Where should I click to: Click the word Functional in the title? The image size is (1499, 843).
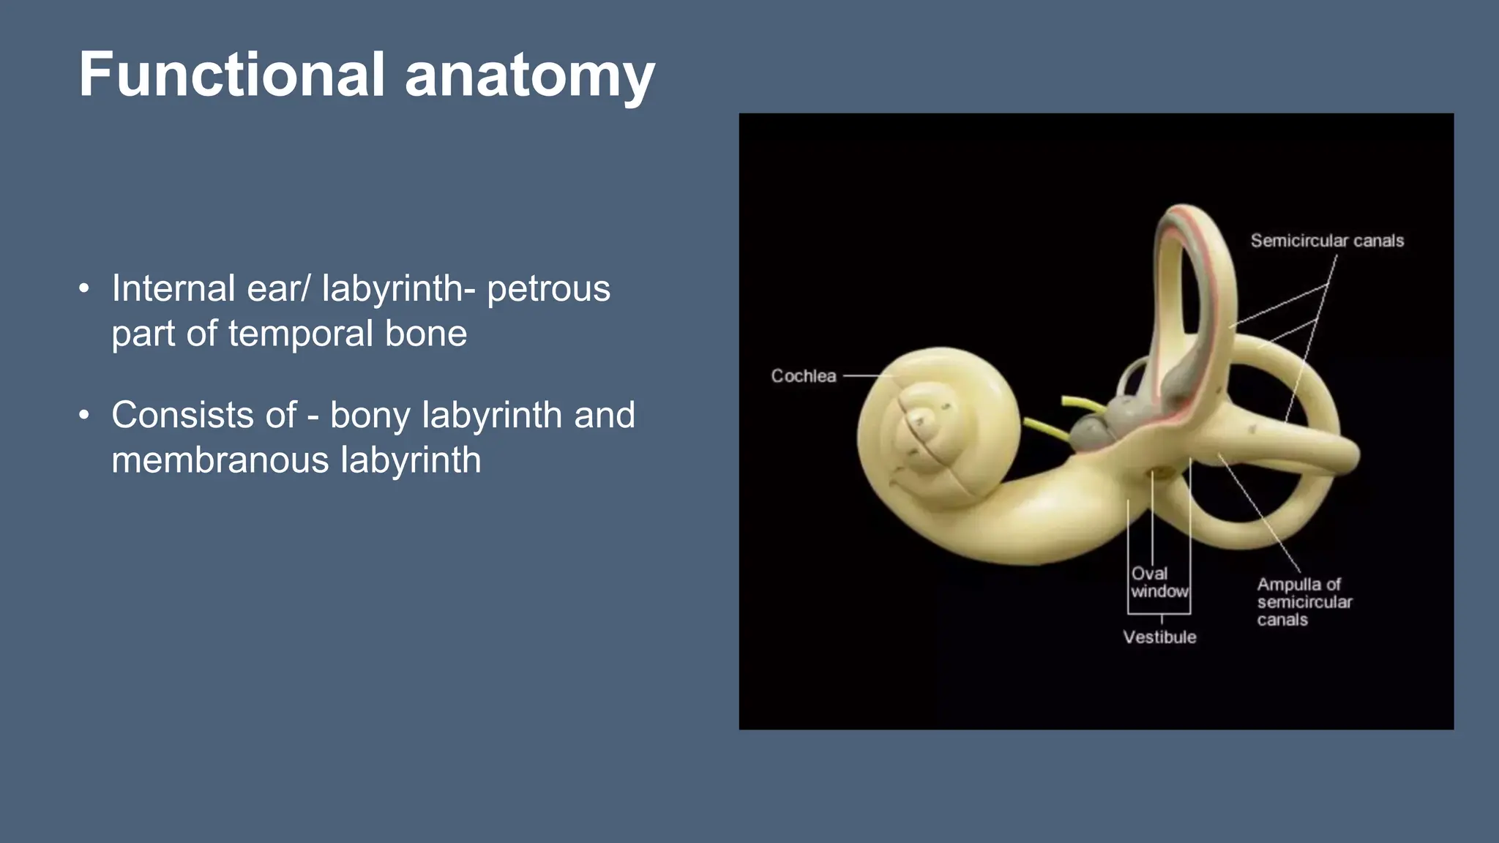coord(231,75)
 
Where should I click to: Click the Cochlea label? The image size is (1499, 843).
coord(803,376)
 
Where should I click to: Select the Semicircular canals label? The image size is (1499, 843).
coord(1327,241)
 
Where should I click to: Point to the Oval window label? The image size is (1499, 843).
coord(1159,582)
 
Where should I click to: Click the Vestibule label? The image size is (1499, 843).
coord(1159,637)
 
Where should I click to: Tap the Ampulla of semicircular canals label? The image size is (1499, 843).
coord(1304,602)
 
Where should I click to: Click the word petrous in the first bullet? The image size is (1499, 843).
coord(548,288)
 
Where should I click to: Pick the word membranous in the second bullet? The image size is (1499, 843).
coord(220,460)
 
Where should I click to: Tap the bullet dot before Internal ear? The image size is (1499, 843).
coord(84,289)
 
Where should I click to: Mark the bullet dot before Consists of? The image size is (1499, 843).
coord(84,416)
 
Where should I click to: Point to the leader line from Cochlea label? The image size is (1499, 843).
coord(867,376)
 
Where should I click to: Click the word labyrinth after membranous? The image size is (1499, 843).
coord(411,460)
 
